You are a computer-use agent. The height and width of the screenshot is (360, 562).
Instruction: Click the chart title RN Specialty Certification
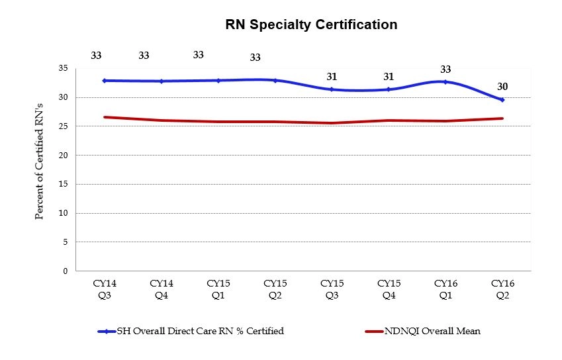tap(311, 25)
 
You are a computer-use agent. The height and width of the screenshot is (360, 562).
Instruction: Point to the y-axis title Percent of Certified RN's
tap(40, 169)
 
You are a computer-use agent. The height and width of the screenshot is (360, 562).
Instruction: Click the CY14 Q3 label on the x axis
tap(105, 289)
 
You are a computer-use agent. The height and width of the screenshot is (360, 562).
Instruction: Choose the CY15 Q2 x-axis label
tap(275, 289)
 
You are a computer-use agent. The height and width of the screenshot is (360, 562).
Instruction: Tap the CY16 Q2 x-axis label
tap(502, 289)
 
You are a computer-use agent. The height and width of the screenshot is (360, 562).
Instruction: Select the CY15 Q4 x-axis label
tap(389, 289)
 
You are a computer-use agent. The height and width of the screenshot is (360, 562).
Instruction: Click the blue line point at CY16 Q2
tap(502, 100)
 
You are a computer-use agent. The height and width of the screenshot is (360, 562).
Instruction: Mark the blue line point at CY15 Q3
tap(332, 89)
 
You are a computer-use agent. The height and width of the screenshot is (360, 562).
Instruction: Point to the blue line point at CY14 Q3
tap(105, 81)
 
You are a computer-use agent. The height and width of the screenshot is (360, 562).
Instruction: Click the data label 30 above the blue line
tap(502, 87)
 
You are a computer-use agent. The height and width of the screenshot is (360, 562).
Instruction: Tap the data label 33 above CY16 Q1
tap(445, 69)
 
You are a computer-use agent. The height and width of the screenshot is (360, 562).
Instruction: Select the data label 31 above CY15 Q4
tap(389, 77)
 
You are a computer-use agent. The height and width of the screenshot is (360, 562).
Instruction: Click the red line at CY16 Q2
tap(502, 118)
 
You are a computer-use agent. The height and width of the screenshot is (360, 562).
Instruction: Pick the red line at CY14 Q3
tap(105, 117)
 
